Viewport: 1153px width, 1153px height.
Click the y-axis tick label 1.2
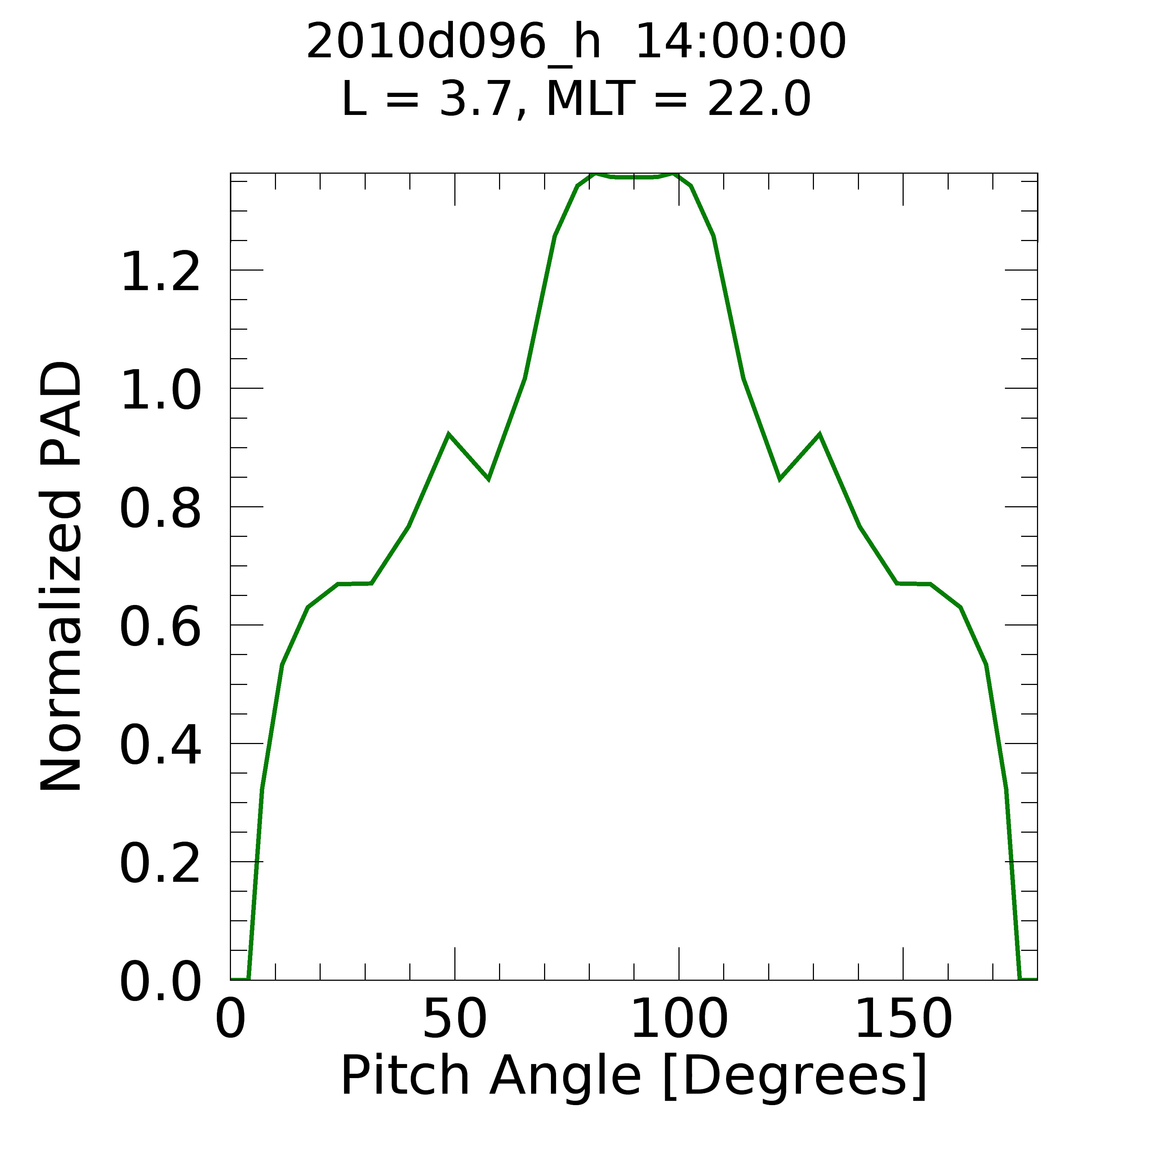pos(160,273)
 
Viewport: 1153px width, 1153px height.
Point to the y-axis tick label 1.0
pos(160,391)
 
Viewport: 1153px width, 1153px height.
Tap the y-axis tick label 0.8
pos(160,509)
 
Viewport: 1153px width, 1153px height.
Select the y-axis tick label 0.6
pos(160,627)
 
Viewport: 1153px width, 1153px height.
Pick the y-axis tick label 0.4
pos(160,745)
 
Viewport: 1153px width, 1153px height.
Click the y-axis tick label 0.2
pos(160,864)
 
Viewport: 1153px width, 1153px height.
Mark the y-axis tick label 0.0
pos(160,982)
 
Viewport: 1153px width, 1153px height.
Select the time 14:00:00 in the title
pos(740,42)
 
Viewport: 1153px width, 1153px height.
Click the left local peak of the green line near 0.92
pos(448,435)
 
